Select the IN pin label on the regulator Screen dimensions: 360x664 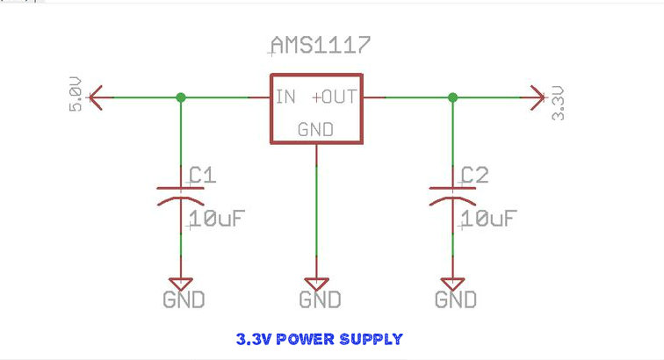pyautogui.click(x=285, y=97)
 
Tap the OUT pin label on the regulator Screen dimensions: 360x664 pyautogui.click(x=339, y=97)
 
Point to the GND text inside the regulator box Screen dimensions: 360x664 pyautogui.click(x=316, y=129)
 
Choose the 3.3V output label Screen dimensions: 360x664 pyautogui.click(x=558, y=103)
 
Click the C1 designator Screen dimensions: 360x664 pyautogui.click(x=202, y=176)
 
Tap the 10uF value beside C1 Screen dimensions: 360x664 pyautogui.click(x=216, y=219)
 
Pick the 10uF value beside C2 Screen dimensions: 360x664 pyautogui.click(x=487, y=219)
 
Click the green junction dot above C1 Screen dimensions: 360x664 pyautogui.click(x=181, y=97)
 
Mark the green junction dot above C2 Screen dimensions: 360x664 pyautogui.click(x=452, y=97)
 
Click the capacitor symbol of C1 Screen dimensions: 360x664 pyautogui.click(x=181, y=194)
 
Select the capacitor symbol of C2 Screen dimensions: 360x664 pyautogui.click(x=452, y=194)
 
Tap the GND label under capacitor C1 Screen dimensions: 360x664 pyautogui.click(x=184, y=300)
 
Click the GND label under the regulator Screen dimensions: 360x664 pyautogui.click(x=320, y=300)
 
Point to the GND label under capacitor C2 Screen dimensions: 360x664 pyautogui.click(x=456, y=300)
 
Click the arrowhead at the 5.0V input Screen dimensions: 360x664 pyautogui.click(x=97, y=97)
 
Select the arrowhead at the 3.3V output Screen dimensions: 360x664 pyautogui.click(x=537, y=97)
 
